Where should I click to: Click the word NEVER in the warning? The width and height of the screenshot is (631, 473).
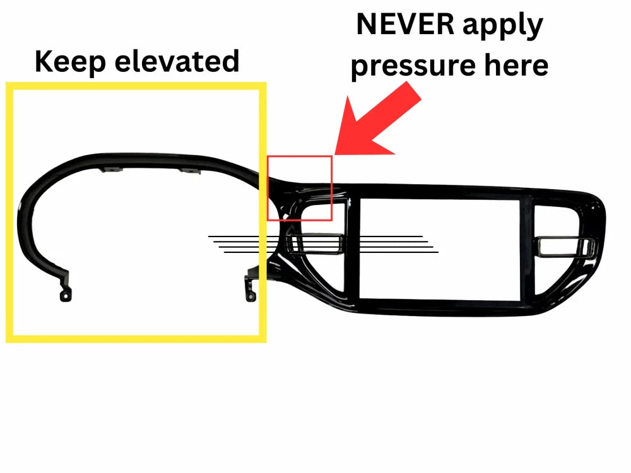(405, 25)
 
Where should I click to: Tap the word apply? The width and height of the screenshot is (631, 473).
(503, 26)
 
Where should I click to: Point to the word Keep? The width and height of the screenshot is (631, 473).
(71, 62)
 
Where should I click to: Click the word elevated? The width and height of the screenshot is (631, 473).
(177, 61)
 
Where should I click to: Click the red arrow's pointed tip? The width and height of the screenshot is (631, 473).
(335, 154)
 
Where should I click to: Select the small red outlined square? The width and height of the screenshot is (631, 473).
(300, 188)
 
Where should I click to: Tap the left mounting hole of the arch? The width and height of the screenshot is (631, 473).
(65, 296)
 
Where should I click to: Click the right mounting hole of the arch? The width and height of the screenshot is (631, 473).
(251, 297)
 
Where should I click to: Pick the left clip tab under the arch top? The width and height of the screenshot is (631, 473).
(110, 170)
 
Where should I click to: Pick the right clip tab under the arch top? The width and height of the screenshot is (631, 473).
(189, 172)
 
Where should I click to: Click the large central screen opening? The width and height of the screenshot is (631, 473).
(439, 249)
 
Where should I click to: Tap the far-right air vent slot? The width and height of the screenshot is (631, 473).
(565, 247)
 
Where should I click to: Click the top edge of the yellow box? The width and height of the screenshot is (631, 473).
(136, 86)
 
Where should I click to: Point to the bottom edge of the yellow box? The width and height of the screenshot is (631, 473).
(136, 339)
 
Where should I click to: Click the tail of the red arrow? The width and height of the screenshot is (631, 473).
(415, 91)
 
